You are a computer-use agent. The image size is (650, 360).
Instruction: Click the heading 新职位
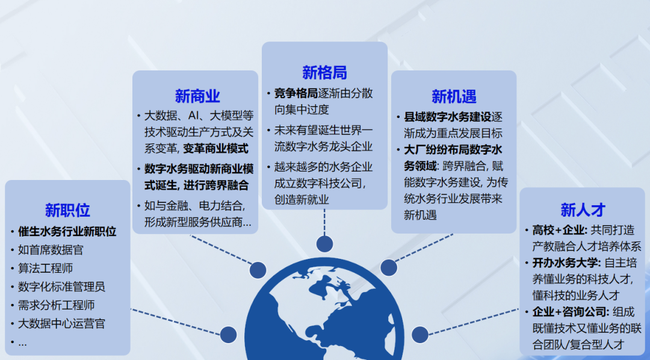tap(67, 210)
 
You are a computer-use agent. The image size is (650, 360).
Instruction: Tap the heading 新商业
tap(197, 96)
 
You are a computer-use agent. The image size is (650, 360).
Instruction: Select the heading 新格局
tap(324, 73)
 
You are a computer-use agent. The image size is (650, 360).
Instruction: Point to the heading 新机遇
tap(454, 96)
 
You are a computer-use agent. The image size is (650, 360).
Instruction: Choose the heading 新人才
tap(583, 210)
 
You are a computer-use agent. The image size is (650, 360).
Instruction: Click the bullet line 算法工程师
tap(45, 268)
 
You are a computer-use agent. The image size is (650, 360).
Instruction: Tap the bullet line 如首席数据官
tap(49, 249)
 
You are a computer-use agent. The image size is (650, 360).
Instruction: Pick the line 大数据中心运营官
tap(61, 324)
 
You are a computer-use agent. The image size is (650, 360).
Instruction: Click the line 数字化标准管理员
tap(61, 287)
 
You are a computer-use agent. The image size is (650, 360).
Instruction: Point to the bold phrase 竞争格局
tap(296, 93)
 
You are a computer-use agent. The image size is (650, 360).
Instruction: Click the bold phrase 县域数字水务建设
tap(448, 117)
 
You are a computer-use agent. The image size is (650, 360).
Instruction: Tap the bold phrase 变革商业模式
tap(216, 149)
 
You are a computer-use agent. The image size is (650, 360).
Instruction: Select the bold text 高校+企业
tap(558, 230)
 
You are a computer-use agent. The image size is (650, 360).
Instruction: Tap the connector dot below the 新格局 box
tap(324, 244)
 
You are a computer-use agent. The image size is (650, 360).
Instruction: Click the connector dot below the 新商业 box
tap(258, 270)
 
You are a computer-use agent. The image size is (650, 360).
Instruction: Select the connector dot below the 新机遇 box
tap(389, 268)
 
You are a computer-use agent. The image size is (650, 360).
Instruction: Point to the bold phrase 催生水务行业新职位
tap(67, 231)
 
